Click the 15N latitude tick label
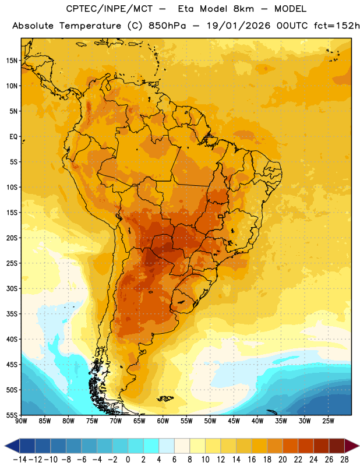(12, 61)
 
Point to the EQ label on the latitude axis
(13, 137)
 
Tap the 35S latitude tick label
(12, 314)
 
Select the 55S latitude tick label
(12, 415)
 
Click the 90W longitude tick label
(21, 421)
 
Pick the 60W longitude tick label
(163, 421)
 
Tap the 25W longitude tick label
(328, 421)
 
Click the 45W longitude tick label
(234, 421)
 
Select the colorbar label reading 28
(344, 460)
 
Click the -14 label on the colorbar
(20, 460)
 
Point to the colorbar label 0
(128, 460)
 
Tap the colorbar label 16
(252, 460)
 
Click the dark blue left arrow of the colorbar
(12, 446)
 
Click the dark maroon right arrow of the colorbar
(352, 446)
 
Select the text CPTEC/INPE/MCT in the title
(110, 9)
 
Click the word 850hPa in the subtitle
(167, 26)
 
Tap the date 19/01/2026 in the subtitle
(239, 26)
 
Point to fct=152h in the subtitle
(337, 26)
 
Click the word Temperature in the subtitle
(90, 26)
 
